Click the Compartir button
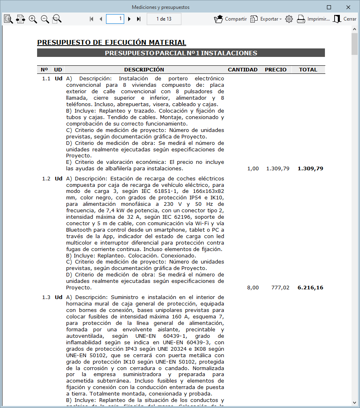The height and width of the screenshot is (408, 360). pyautogui.click(x=231, y=19)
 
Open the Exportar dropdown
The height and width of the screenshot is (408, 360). pyautogui.click(x=266, y=19)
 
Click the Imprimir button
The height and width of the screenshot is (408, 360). pyautogui.click(x=313, y=19)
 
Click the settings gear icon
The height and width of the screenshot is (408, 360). pyautogui.click(x=289, y=19)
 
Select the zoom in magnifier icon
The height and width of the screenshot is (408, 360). pyautogui.click(x=33, y=19)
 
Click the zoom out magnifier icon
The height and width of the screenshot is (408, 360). pyautogui.click(x=45, y=19)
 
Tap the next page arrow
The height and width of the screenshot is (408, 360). pyautogui.click(x=129, y=19)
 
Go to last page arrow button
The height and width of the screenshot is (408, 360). pyautogui.click(x=139, y=19)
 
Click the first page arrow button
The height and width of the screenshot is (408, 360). pyautogui.click(x=92, y=19)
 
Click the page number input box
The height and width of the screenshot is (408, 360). pyautogui.click(x=115, y=19)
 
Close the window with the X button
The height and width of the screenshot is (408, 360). pyautogui.click(x=348, y=7)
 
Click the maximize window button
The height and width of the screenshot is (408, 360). pyautogui.click(x=329, y=7)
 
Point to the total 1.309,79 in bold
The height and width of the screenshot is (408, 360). pyautogui.click(x=310, y=169)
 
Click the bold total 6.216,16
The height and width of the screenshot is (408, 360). pyautogui.click(x=310, y=288)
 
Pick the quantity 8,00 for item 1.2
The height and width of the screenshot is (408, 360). pyautogui.click(x=253, y=288)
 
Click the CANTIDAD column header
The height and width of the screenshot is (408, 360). pyautogui.click(x=243, y=70)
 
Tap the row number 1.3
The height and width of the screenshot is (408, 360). pyautogui.click(x=46, y=297)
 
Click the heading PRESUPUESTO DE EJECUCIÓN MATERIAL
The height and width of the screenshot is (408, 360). pyautogui.click(x=112, y=43)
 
